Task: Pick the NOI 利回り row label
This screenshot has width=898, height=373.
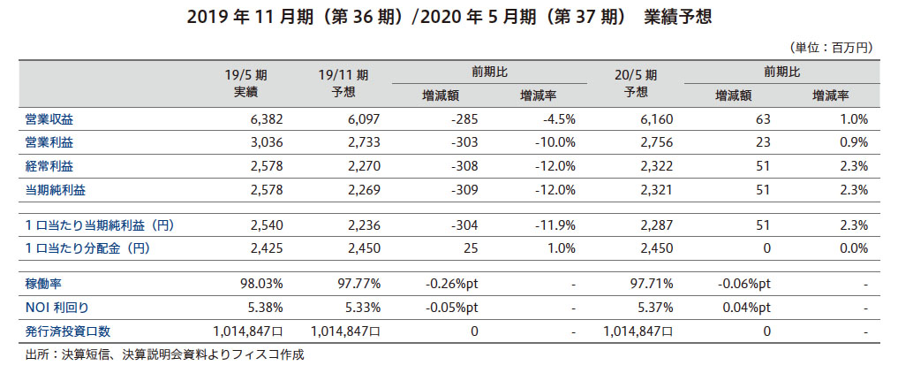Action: tap(57, 308)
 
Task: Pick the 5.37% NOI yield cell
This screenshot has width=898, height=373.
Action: tap(654, 308)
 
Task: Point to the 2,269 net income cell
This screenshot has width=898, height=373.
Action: tap(362, 189)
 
